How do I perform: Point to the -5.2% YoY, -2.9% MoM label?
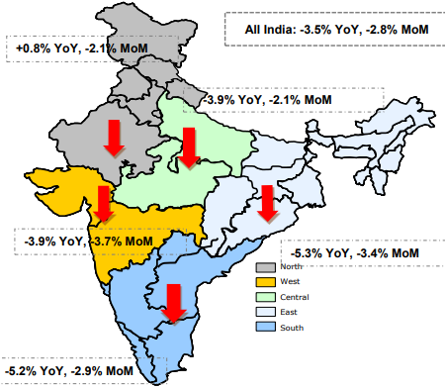click(x=68, y=370)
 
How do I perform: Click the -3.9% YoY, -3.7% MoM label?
click(x=88, y=241)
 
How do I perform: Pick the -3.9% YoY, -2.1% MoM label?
click(x=266, y=100)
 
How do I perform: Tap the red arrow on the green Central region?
click(x=189, y=147)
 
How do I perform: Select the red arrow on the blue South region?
click(x=174, y=303)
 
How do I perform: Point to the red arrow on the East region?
click(x=266, y=203)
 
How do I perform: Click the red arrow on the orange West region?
click(x=103, y=204)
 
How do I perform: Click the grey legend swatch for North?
click(x=264, y=267)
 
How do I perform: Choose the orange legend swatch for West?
click(x=264, y=282)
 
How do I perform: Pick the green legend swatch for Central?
click(x=264, y=297)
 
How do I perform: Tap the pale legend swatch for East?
click(x=264, y=313)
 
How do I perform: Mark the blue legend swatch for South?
click(x=264, y=328)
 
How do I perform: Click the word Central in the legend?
click(x=295, y=297)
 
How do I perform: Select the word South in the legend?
click(x=292, y=328)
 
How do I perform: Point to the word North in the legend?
click(x=292, y=267)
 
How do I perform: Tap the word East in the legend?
click(x=290, y=313)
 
